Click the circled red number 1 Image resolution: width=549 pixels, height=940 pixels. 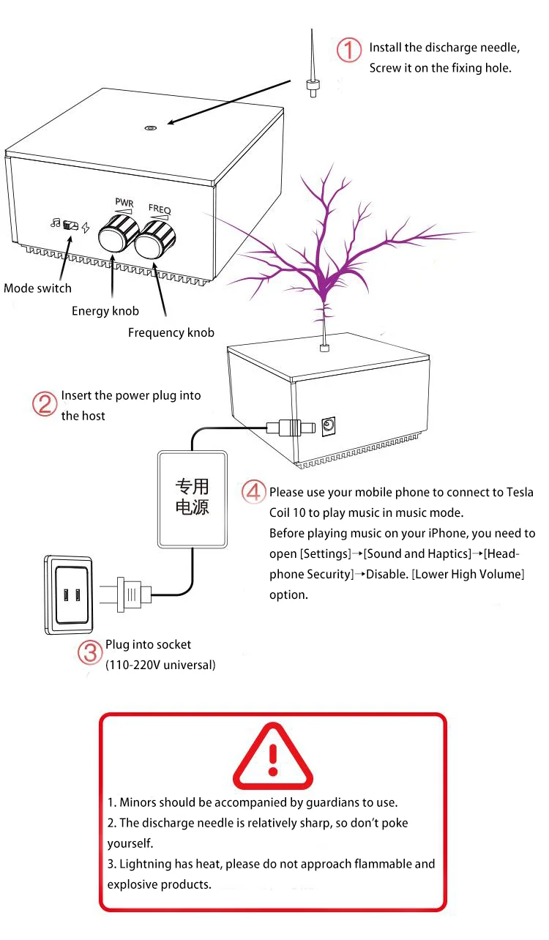coord(349,51)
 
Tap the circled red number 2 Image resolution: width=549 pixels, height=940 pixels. coord(45,404)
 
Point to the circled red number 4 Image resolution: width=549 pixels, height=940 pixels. coord(253,491)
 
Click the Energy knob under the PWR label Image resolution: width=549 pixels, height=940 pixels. coord(118,235)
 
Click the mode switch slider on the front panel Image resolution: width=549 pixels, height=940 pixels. coord(72,225)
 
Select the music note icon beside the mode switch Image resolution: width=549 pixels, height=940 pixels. coord(55,223)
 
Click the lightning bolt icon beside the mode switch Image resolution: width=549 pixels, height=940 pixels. coord(86,228)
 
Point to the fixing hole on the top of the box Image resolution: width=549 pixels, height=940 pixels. coord(150,127)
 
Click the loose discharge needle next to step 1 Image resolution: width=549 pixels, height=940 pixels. coord(312,73)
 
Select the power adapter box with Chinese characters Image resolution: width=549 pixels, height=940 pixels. coord(192,498)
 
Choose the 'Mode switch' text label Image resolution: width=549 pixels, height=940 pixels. coord(37,288)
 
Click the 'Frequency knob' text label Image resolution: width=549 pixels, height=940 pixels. coord(171,333)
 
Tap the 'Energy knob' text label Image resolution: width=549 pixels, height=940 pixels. coord(105,311)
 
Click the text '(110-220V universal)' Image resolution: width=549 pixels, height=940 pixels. coord(160,665)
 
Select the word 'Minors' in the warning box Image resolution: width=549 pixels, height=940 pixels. coord(138,802)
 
